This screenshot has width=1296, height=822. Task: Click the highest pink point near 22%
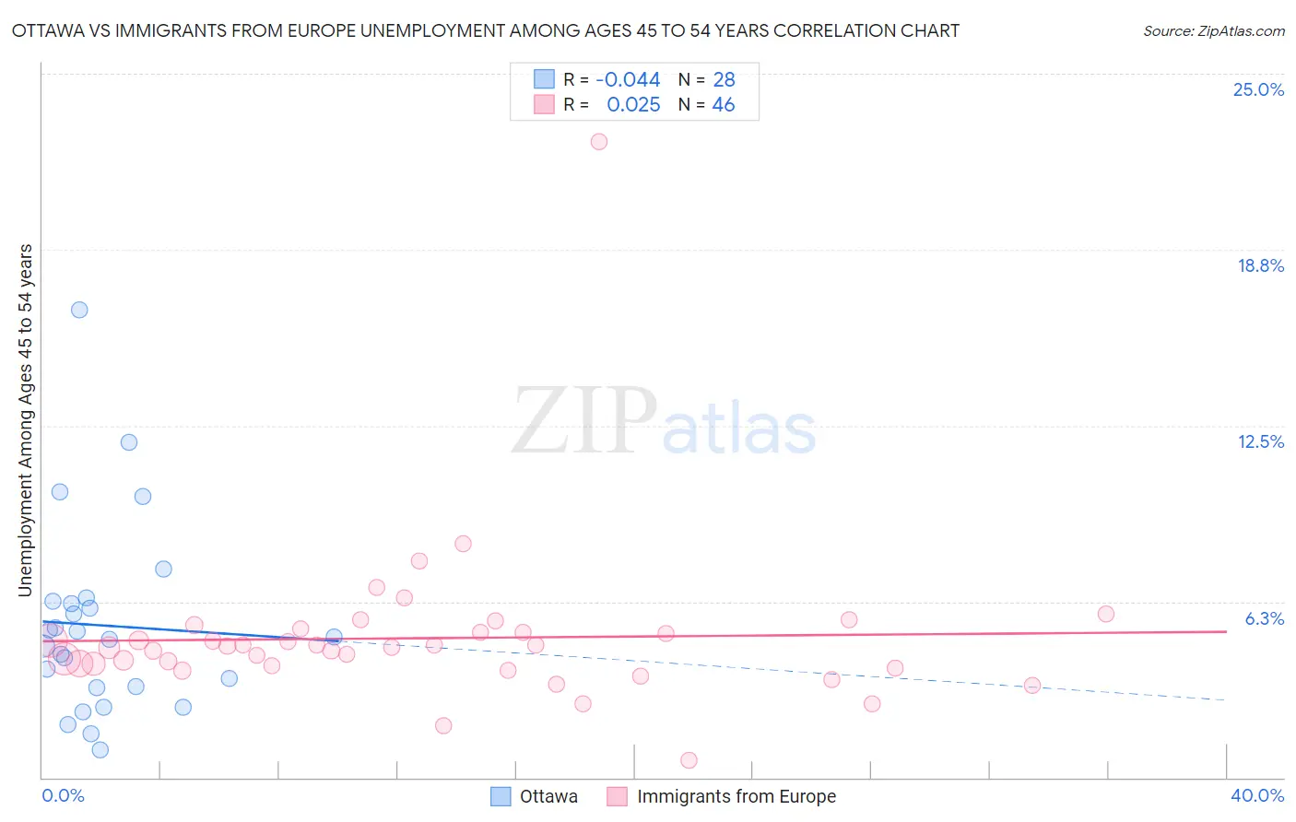[598, 142]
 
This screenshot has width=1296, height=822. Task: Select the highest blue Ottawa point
[79, 310]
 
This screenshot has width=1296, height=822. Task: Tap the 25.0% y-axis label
[1258, 89]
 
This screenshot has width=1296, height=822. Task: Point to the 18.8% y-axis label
[1260, 265]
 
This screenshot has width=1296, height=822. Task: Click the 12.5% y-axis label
[1260, 441]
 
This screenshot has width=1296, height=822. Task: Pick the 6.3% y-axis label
[1264, 618]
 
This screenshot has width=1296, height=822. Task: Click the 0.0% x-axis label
[63, 795]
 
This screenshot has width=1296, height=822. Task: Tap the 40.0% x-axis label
[1256, 795]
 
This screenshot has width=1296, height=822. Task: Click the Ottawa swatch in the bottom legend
[501, 796]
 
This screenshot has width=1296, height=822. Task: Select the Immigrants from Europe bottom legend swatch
[617, 796]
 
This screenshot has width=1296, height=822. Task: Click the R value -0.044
[628, 80]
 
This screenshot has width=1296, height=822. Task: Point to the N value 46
[724, 105]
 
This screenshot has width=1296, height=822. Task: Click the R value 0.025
[633, 105]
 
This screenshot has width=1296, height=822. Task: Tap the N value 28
[724, 80]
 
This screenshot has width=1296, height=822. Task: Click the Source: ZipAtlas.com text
[1213, 31]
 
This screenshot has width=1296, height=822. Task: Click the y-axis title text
[26, 420]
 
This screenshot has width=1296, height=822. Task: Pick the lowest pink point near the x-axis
[689, 760]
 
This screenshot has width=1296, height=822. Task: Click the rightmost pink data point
[1105, 614]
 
